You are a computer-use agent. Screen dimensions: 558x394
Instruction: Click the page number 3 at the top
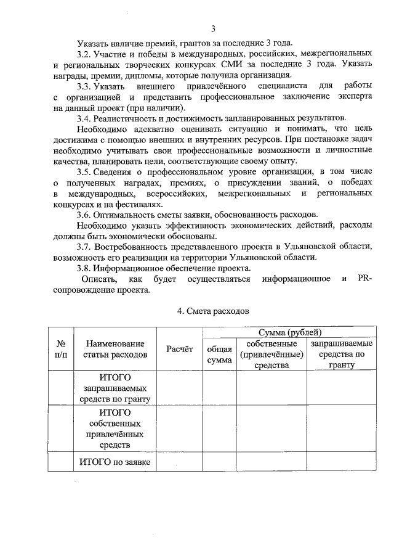coord(213,29)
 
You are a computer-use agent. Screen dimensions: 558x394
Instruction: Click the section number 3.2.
coord(84,54)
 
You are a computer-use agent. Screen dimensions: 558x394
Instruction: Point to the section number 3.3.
coord(84,86)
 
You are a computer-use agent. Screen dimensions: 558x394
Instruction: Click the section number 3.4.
coord(84,118)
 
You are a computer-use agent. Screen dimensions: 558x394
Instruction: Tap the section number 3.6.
coord(84,215)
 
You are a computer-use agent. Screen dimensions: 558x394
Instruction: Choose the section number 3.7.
coord(84,247)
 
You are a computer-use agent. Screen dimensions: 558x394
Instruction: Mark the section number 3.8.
coord(84,269)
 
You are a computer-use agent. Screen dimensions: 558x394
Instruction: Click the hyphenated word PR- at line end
coord(364,279)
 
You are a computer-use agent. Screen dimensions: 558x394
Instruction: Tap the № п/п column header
coord(62,350)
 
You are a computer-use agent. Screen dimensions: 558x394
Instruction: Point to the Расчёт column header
coord(180,350)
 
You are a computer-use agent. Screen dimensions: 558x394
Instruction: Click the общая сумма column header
coord(219,355)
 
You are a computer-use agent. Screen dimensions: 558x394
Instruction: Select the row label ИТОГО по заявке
coord(116,461)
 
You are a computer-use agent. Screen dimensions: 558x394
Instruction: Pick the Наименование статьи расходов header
coord(116,350)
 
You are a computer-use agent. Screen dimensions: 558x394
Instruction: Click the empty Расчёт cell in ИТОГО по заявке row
coord(180,461)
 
